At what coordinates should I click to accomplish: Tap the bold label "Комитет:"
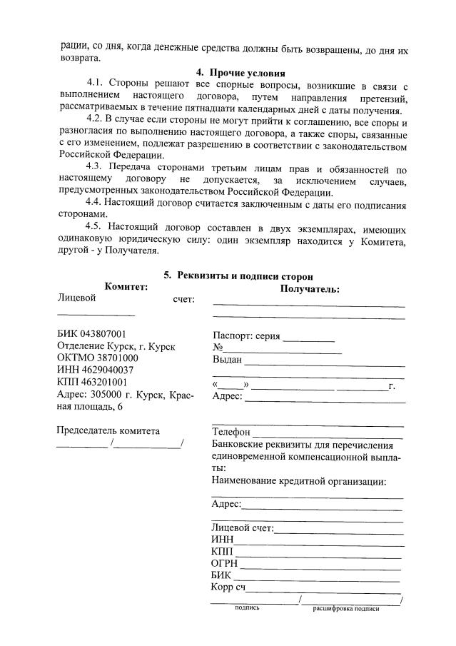pos(126,286)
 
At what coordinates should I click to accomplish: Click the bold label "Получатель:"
pos(310,289)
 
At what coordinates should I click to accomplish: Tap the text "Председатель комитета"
pos(108,430)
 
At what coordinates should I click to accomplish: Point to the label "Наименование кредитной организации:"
pos(299,481)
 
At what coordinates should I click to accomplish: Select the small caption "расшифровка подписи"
pos(345,609)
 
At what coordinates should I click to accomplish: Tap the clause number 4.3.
pos(96,169)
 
